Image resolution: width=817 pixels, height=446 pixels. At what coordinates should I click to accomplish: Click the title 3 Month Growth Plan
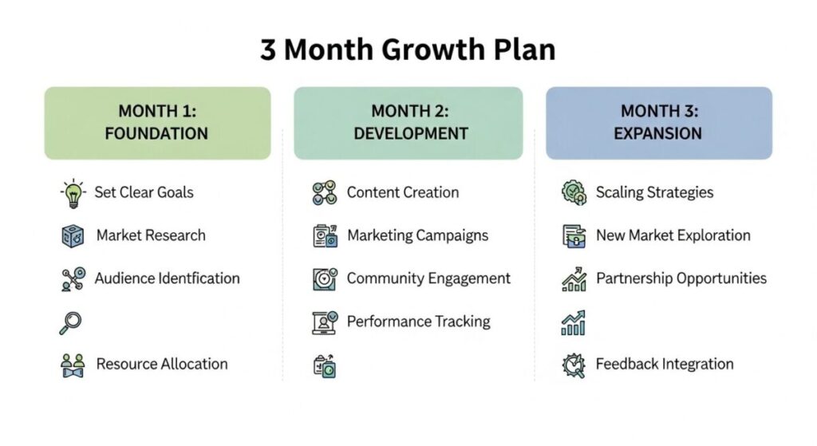(x=408, y=49)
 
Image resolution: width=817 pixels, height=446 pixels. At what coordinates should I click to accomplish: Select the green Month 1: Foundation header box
(x=157, y=122)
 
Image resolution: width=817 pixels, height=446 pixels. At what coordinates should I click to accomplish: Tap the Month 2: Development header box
(x=408, y=122)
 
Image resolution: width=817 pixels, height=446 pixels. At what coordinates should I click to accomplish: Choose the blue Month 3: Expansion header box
(x=658, y=122)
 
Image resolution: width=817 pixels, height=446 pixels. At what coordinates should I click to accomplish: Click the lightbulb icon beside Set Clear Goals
(x=73, y=193)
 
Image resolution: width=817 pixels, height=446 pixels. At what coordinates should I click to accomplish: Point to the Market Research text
(x=151, y=235)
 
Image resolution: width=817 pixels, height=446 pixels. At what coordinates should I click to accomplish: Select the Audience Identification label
(x=167, y=278)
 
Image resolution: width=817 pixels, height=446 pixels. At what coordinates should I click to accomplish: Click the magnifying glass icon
(x=71, y=322)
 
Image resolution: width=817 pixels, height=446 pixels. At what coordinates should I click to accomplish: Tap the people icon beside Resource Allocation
(x=73, y=365)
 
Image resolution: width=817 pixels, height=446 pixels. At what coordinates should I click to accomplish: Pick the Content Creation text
(x=402, y=192)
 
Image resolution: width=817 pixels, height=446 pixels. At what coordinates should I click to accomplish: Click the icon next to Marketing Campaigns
(x=324, y=236)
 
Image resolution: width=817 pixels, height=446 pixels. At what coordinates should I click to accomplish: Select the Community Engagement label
(x=428, y=278)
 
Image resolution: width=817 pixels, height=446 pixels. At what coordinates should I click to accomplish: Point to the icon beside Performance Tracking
(x=324, y=322)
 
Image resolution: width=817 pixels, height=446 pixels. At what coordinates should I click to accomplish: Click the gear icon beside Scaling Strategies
(x=574, y=192)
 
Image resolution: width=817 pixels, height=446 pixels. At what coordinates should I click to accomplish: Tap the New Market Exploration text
(x=673, y=235)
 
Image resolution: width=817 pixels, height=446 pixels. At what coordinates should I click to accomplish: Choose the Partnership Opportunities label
(x=681, y=278)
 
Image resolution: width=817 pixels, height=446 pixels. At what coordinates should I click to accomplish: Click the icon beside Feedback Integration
(x=574, y=365)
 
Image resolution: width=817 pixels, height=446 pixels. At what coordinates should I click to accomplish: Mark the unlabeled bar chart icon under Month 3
(x=574, y=322)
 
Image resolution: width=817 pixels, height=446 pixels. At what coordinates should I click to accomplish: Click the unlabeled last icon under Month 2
(x=324, y=365)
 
